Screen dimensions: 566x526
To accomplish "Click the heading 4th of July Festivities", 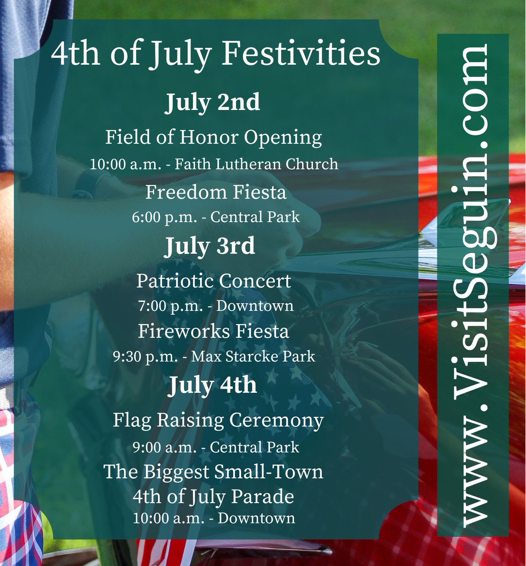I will pyautogui.click(x=216, y=55).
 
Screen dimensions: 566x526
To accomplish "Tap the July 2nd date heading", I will pyautogui.click(x=212, y=102).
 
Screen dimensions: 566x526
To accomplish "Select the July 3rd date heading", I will pyautogui.click(x=209, y=246).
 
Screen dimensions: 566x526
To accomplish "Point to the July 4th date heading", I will pyautogui.click(x=213, y=385).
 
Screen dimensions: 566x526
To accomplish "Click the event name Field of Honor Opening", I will pyautogui.click(x=213, y=138).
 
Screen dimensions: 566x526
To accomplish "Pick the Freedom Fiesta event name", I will pyautogui.click(x=216, y=192).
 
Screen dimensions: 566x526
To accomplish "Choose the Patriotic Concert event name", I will pyautogui.click(x=214, y=281).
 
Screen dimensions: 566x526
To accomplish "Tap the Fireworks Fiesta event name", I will pyautogui.click(x=213, y=331).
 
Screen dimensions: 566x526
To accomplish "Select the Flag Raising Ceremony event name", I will pyautogui.click(x=218, y=420).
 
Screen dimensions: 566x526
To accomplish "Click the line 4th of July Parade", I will pyautogui.click(x=213, y=496).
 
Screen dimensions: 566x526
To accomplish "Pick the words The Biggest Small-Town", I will pyautogui.click(x=213, y=472).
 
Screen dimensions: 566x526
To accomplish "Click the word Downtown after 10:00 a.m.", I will pyautogui.click(x=256, y=518).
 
